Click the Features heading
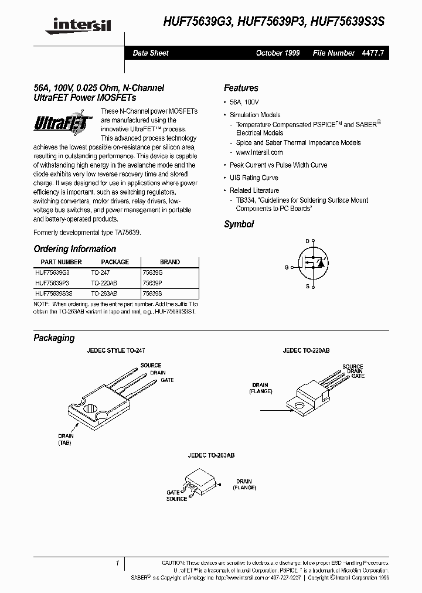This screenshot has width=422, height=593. pyautogui.click(x=241, y=88)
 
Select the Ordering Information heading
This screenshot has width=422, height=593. pyautogui.click(x=74, y=248)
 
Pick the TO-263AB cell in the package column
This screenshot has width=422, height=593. pyautogui.click(x=104, y=292)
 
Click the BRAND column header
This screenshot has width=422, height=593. pyautogui.click(x=170, y=262)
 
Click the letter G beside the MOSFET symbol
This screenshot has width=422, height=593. pyautogui.click(x=287, y=267)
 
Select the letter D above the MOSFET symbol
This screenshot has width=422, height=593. pyautogui.click(x=307, y=241)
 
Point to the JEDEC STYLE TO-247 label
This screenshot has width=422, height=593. pyautogui.click(x=116, y=350)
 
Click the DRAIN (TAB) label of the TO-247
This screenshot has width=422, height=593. pyautogui.click(x=66, y=440)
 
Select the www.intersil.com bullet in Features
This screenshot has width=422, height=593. pyautogui.click(x=257, y=152)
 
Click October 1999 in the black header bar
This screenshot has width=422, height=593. pyautogui.click(x=278, y=53)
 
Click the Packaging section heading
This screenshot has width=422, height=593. pyautogui.click(x=54, y=338)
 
